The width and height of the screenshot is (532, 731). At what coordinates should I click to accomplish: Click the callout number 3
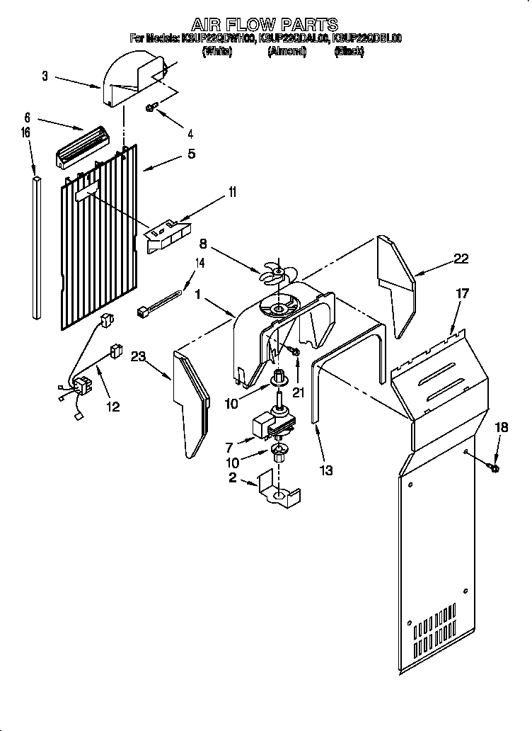point(45,76)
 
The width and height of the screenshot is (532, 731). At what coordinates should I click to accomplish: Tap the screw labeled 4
point(152,108)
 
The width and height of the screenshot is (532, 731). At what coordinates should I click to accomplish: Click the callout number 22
point(461,259)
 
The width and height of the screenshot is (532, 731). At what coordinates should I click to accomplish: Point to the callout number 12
point(112,407)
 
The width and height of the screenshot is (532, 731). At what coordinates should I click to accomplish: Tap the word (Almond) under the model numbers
point(287,52)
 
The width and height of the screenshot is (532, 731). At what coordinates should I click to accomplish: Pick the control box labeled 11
point(167,235)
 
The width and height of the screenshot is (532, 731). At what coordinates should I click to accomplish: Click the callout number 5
point(192,153)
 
